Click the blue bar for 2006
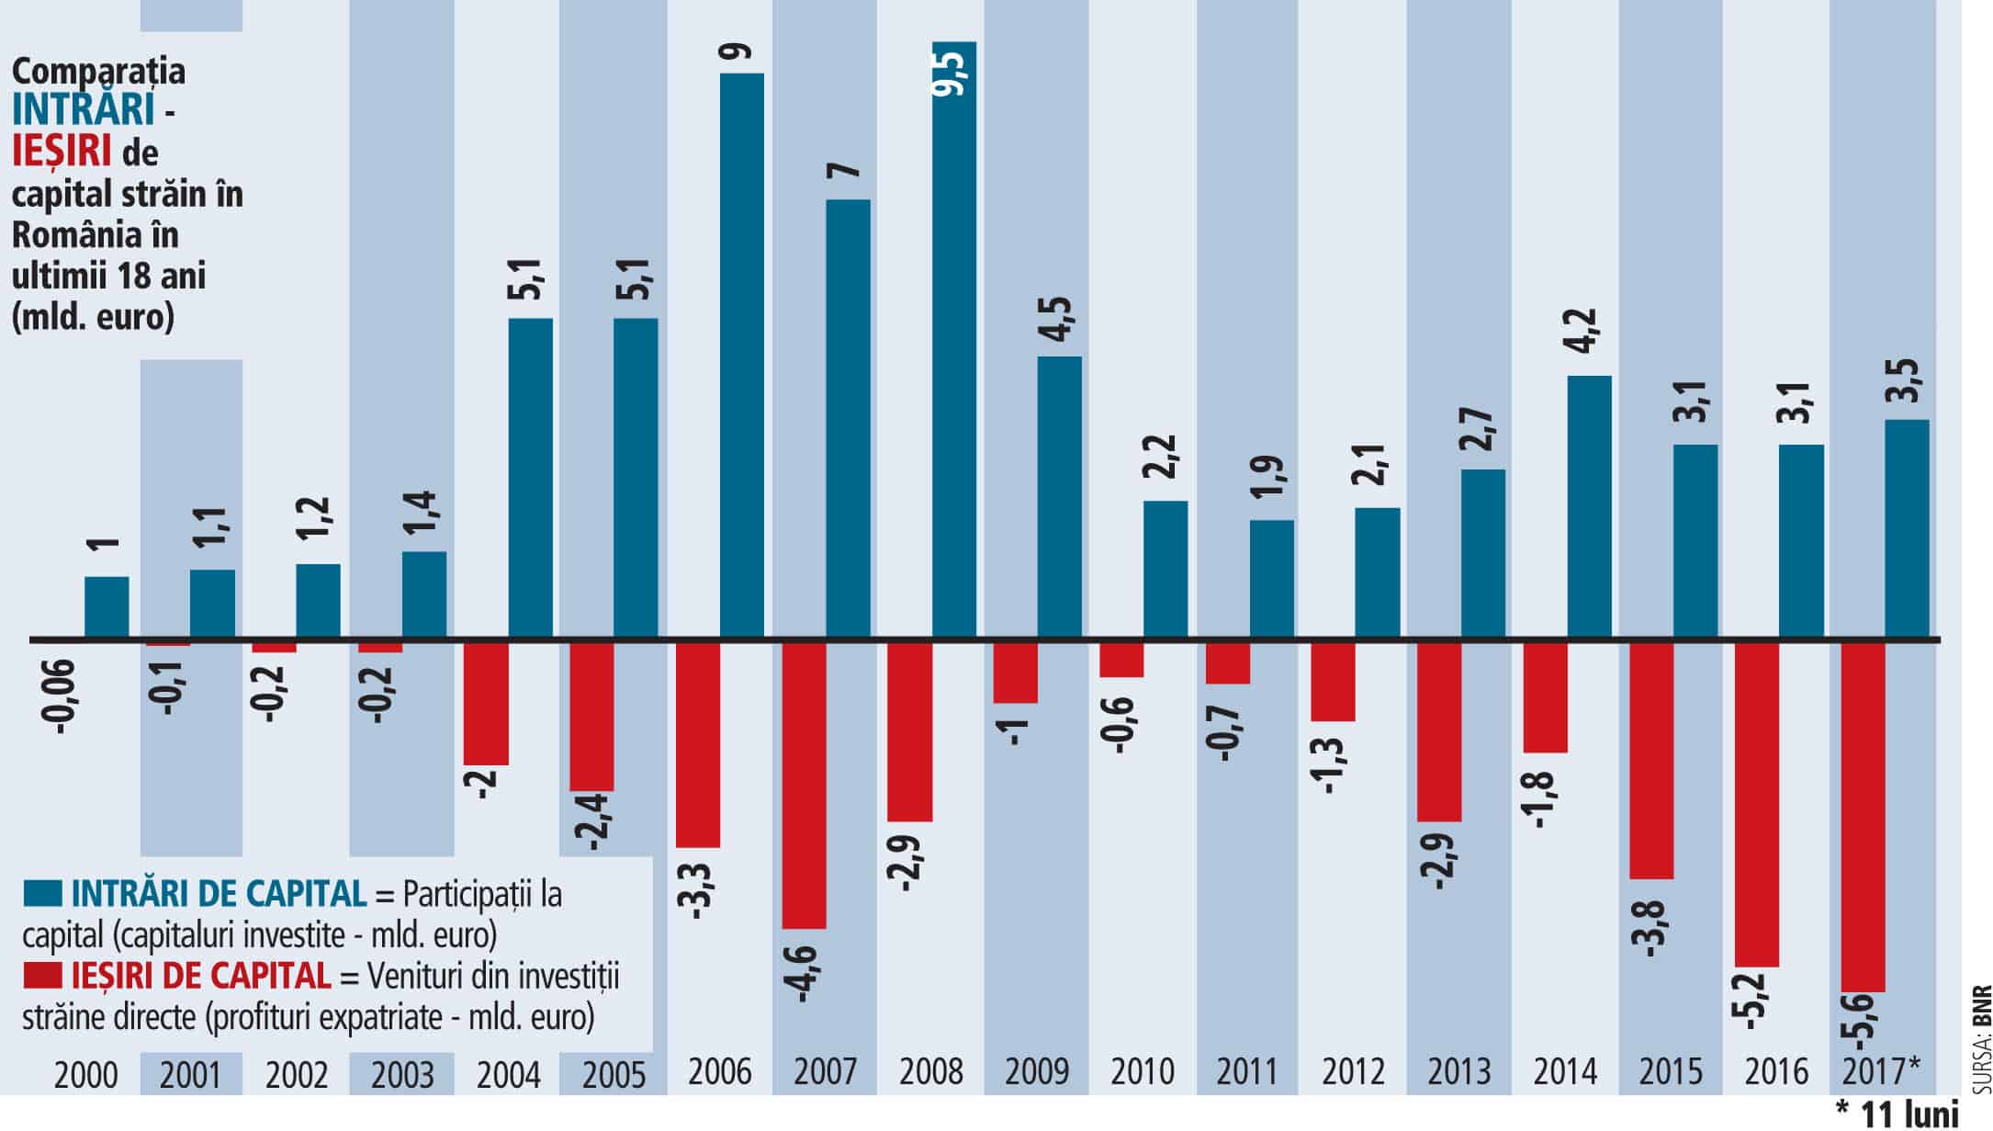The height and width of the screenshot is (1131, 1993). [741, 355]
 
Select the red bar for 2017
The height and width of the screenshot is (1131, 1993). [1864, 816]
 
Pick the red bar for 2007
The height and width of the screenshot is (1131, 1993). [804, 785]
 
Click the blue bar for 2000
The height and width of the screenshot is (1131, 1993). [107, 606]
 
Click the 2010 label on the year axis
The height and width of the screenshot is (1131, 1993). [1143, 1071]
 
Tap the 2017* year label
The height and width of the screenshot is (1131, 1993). [1881, 1071]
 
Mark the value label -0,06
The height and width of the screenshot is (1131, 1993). [63, 696]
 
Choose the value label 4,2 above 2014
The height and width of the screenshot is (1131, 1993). [1587, 339]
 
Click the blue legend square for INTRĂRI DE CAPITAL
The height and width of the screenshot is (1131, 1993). [43, 893]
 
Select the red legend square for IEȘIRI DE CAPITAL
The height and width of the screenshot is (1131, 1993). [43, 975]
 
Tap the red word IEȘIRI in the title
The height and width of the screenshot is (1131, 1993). [62, 151]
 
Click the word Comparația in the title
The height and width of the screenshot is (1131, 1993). [98, 71]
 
